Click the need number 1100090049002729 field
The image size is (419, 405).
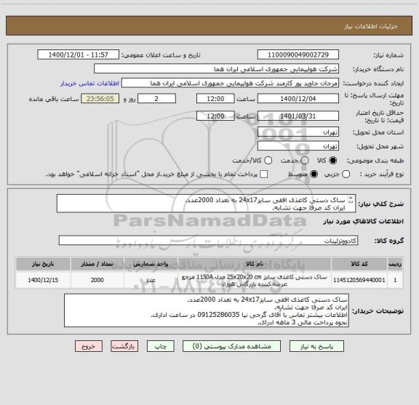click(298, 55)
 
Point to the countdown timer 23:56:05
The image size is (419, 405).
click(103, 99)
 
